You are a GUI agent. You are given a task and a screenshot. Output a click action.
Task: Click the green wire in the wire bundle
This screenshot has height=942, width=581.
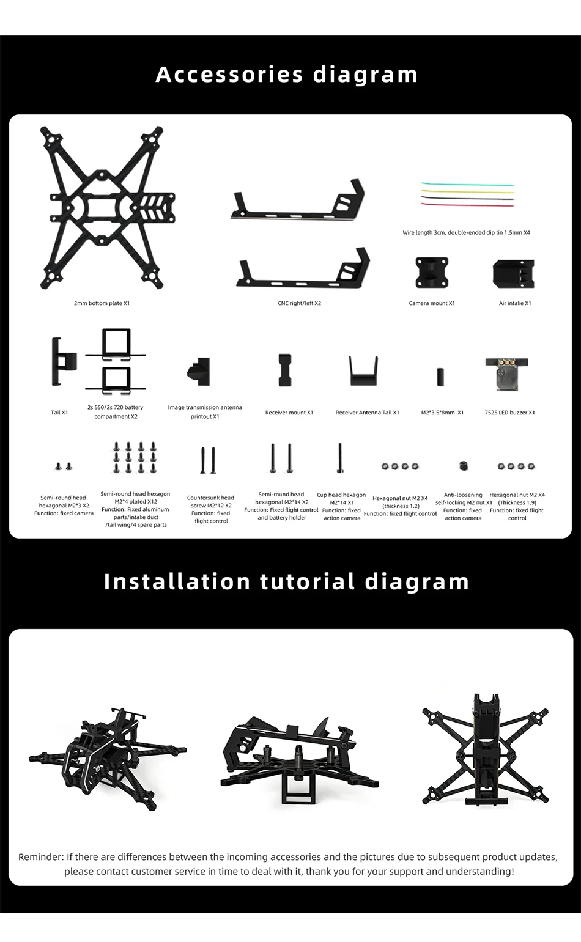click(x=467, y=184)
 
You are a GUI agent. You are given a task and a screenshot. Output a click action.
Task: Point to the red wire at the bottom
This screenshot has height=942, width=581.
click(x=467, y=205)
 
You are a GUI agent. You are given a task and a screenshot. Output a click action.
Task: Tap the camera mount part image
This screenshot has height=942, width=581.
click(x=432, y=273)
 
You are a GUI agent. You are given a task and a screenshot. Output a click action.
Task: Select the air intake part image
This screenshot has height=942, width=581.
click(x=513, y=273)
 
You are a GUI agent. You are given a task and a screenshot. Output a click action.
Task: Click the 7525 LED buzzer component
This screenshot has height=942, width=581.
click(x=505, y=373)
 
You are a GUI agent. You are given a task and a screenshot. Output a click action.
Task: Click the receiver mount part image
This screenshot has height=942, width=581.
click(x=284, y=370)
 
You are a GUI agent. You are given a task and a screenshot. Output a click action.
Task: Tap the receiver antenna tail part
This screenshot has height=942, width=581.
click(x=364, y=371)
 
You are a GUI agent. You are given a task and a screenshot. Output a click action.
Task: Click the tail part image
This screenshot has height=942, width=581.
click(x=62, y=362)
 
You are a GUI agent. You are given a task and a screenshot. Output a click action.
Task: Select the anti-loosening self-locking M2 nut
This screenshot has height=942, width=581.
click(x=464, y=466)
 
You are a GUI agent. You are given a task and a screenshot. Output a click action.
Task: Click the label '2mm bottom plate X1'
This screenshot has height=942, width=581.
click(x=102, y=303)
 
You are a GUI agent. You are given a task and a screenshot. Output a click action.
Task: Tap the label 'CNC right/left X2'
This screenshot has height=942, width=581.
click(x=299, y=303)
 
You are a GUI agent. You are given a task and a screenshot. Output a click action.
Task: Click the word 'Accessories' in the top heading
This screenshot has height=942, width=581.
click(x=229, y=75)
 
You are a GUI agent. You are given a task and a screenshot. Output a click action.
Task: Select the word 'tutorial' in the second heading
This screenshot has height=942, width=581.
click(x=308, y=581)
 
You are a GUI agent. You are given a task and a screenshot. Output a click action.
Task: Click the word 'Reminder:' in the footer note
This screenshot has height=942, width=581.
click(x=41, y=857)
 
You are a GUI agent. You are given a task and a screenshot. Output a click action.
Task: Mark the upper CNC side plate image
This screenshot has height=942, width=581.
click(x=299, y=202)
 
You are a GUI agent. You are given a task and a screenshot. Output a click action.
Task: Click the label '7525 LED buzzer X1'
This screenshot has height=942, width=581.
click(x=509, y=413)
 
